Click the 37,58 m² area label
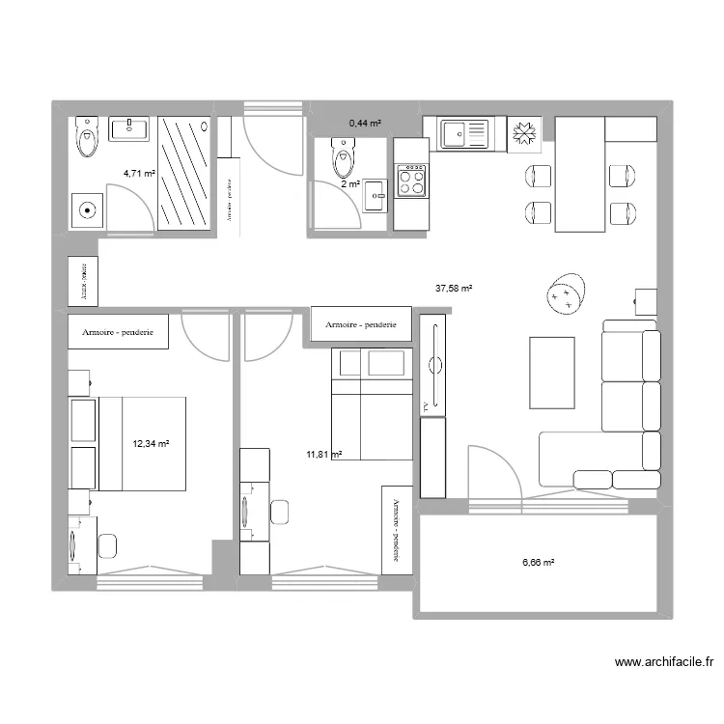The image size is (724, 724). click(454, 288)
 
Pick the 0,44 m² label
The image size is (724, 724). click(365, 124)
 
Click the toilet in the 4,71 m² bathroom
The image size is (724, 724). click(88, 137)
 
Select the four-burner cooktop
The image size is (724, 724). click(412, 179)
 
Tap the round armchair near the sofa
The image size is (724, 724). click(566, 293)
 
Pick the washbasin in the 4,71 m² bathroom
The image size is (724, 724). click(128, 129)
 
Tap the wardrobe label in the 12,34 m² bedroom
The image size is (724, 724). click(119, 332)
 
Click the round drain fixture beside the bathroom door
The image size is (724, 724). click(88, 209)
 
